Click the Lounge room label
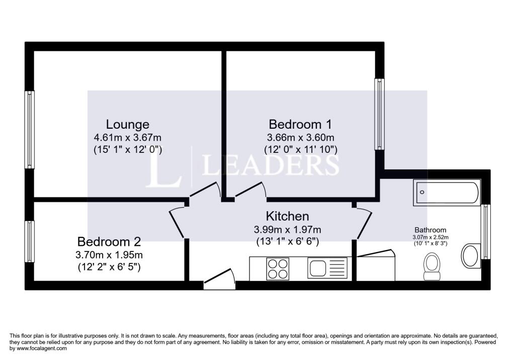tap(127, 125)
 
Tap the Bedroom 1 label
tap(300, 125)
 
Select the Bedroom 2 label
tap(109, 242)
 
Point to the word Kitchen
tap(287, 216)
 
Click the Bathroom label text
tap(431, 230)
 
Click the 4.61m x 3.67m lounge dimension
tap(127, 137)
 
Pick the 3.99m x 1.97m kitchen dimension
tap(287, 229)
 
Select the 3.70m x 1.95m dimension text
tap(109, 254)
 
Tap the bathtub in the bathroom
tap(447, 193)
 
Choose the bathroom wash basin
tap(471, 255)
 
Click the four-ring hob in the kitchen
tap(278, 268)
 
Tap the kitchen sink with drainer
tap(327, 267)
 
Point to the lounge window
tap(30, 130)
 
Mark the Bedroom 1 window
tap(380, 114)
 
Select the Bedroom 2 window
tap(30, 241)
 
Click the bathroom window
tap(485, 232)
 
